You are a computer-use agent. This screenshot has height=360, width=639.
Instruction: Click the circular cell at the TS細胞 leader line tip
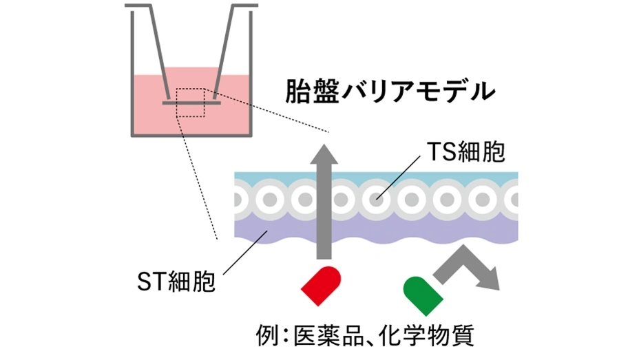[376, 200]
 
